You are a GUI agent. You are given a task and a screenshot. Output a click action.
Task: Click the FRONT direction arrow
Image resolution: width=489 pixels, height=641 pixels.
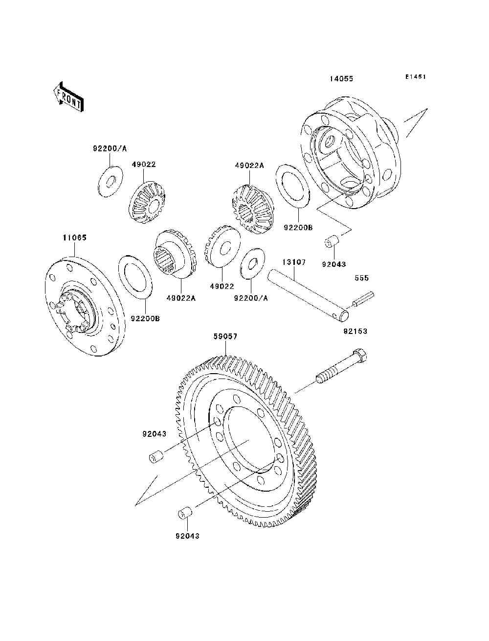click(x=69, y=97)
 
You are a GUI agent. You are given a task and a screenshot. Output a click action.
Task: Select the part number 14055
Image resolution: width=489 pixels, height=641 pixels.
click(x=341, y=78)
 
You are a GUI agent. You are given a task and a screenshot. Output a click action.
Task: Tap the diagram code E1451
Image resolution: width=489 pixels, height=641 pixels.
click(x=416, y=77)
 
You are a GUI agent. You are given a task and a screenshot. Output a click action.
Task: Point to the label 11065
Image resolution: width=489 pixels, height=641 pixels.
click(x=75, y=237)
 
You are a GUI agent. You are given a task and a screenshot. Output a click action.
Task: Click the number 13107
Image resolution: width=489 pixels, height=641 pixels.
click(x=293, y=262)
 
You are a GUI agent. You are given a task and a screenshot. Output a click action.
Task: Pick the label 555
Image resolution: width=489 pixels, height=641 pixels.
click(x=361, y=278)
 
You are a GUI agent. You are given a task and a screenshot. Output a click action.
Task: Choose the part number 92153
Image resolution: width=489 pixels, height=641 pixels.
click(x=355, y=332)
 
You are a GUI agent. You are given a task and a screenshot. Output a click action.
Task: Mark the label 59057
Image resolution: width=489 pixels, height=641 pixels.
click(x=225, y=337)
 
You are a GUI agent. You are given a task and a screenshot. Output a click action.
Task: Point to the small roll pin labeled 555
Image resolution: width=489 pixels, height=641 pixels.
click(x=363, y=299)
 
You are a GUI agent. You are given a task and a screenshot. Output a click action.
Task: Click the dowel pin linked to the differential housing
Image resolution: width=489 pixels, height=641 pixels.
click(x=332, y=242)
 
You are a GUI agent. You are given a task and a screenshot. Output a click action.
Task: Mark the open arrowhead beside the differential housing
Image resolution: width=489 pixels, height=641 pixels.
click(x=417, y=122)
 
